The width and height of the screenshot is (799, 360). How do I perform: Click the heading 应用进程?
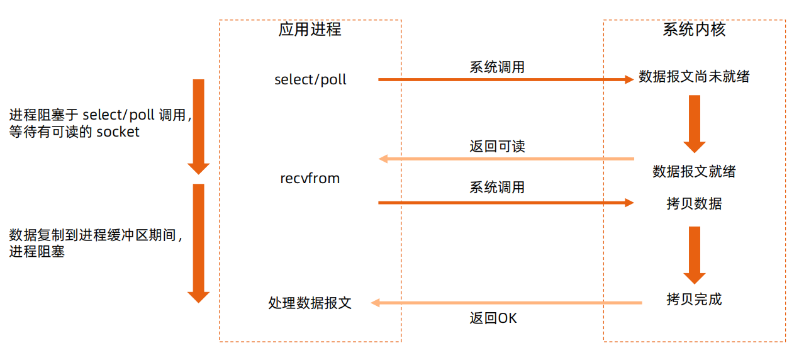(310, 30)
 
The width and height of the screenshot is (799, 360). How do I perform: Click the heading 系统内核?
(694, 30)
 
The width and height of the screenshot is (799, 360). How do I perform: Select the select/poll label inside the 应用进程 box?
(310, 81)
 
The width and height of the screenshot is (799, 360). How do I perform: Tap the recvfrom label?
(310, 179)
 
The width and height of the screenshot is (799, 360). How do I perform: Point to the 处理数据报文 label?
(310, 303)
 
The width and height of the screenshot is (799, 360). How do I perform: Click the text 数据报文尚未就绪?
(694, 77)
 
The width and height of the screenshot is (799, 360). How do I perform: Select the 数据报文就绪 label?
(694, 171)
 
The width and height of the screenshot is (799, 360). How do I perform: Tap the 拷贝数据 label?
(694, 204)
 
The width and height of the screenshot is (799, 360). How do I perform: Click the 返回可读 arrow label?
(497, 147)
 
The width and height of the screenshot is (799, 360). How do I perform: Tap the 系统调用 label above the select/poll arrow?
(497, 67)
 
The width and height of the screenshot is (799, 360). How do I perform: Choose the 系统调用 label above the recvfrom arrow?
(497, 188)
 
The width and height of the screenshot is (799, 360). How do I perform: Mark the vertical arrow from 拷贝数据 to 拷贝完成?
(695, 255)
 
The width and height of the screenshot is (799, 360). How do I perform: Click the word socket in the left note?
(118, 132)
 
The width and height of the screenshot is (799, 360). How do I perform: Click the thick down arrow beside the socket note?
(198, 126)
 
